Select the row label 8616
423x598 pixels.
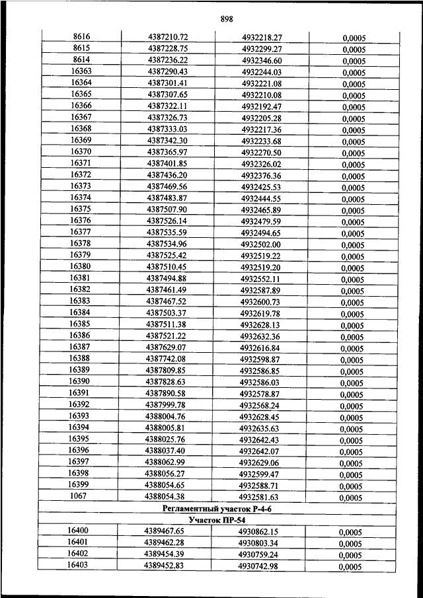(x=81, y=37)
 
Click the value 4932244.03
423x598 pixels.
(x=262, y=71)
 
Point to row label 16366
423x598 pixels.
(x=81, y=106)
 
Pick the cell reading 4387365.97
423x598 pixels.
(x=167, y=152)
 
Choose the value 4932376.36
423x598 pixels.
(x=261, y=175)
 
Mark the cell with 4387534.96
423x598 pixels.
(x=167, y=244)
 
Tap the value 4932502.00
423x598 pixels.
(x=260, y=244)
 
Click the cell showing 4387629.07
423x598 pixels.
(x=167, y=348)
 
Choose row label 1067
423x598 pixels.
(x=79, y=496)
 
